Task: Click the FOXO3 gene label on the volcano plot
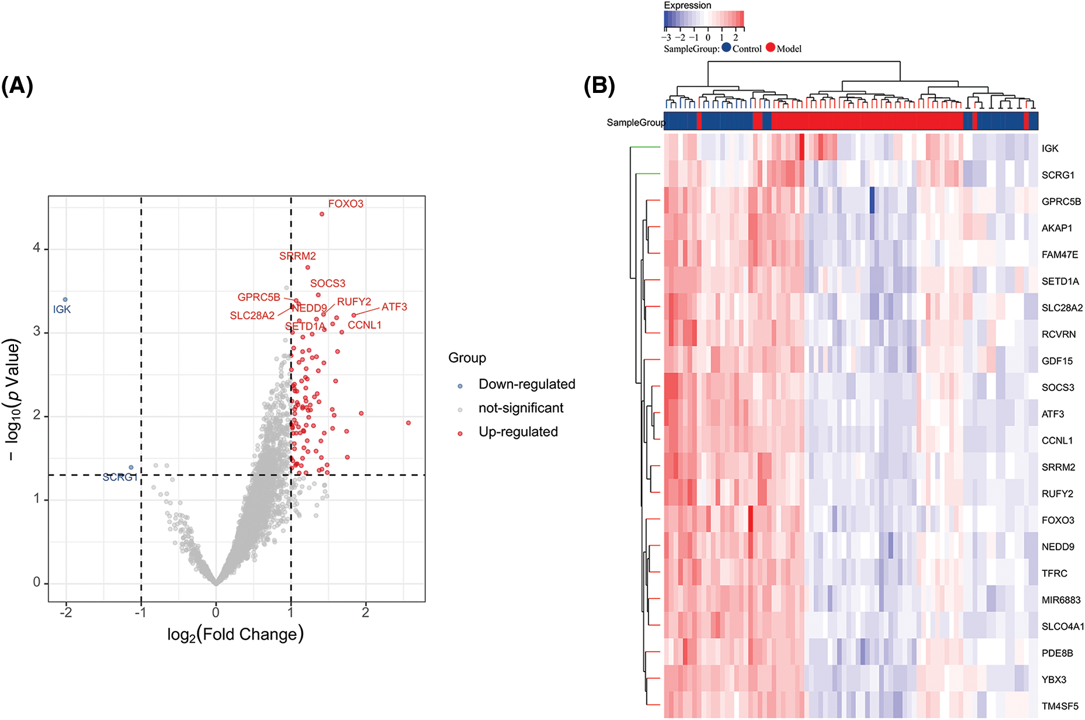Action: pyautogui.click(x=345, y=204)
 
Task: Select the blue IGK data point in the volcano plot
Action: pyautogui.click(x=65, y=299)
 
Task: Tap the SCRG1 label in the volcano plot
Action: pyautogui.click(x=120, y=477)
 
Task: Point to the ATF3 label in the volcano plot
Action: pyautogui.click(x=394, y=307)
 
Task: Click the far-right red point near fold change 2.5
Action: pyautogui.click(x=408, y=423)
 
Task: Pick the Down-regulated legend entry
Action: pyautogui.click(x=526, y=385)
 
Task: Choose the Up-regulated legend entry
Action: pyautogui.click(x=518, y=432)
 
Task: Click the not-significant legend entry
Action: pyautogui.click(x=521, y=408)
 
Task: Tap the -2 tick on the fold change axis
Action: pyautogui.click(x=66, y=612)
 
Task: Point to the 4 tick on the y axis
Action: pyautogui.click(x=37, y=248)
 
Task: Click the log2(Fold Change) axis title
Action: pyautogui.click(x=235, y=635)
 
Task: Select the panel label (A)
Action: pyautogui.click(x=17, y=86)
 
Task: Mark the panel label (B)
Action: pyautogui.click(x=599, y=86)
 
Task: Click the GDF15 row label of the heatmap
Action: pyautogui.click(x=1057, y=361)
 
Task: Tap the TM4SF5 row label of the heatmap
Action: pyautogui.click(x=1060, y=707)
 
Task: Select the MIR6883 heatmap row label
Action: pyautogui.click(x=1061, y=600)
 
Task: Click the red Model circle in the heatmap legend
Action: pyautogui.click(x=771, y=48)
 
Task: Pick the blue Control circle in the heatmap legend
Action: pyautogui.click(x=726, y=48)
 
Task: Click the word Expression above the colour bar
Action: pyautogui.click(x=687, y=5)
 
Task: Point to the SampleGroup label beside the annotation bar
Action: pyautogui.click(x=635, y=123)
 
